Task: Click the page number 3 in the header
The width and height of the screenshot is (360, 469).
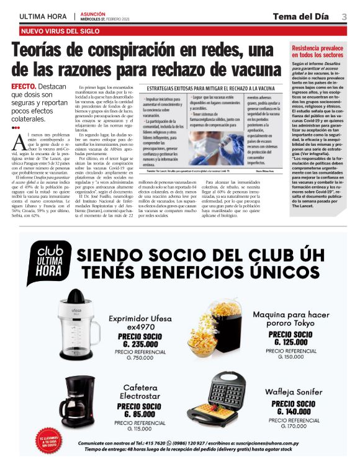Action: [343, 16]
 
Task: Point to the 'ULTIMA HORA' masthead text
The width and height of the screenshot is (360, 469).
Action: [43, 16]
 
